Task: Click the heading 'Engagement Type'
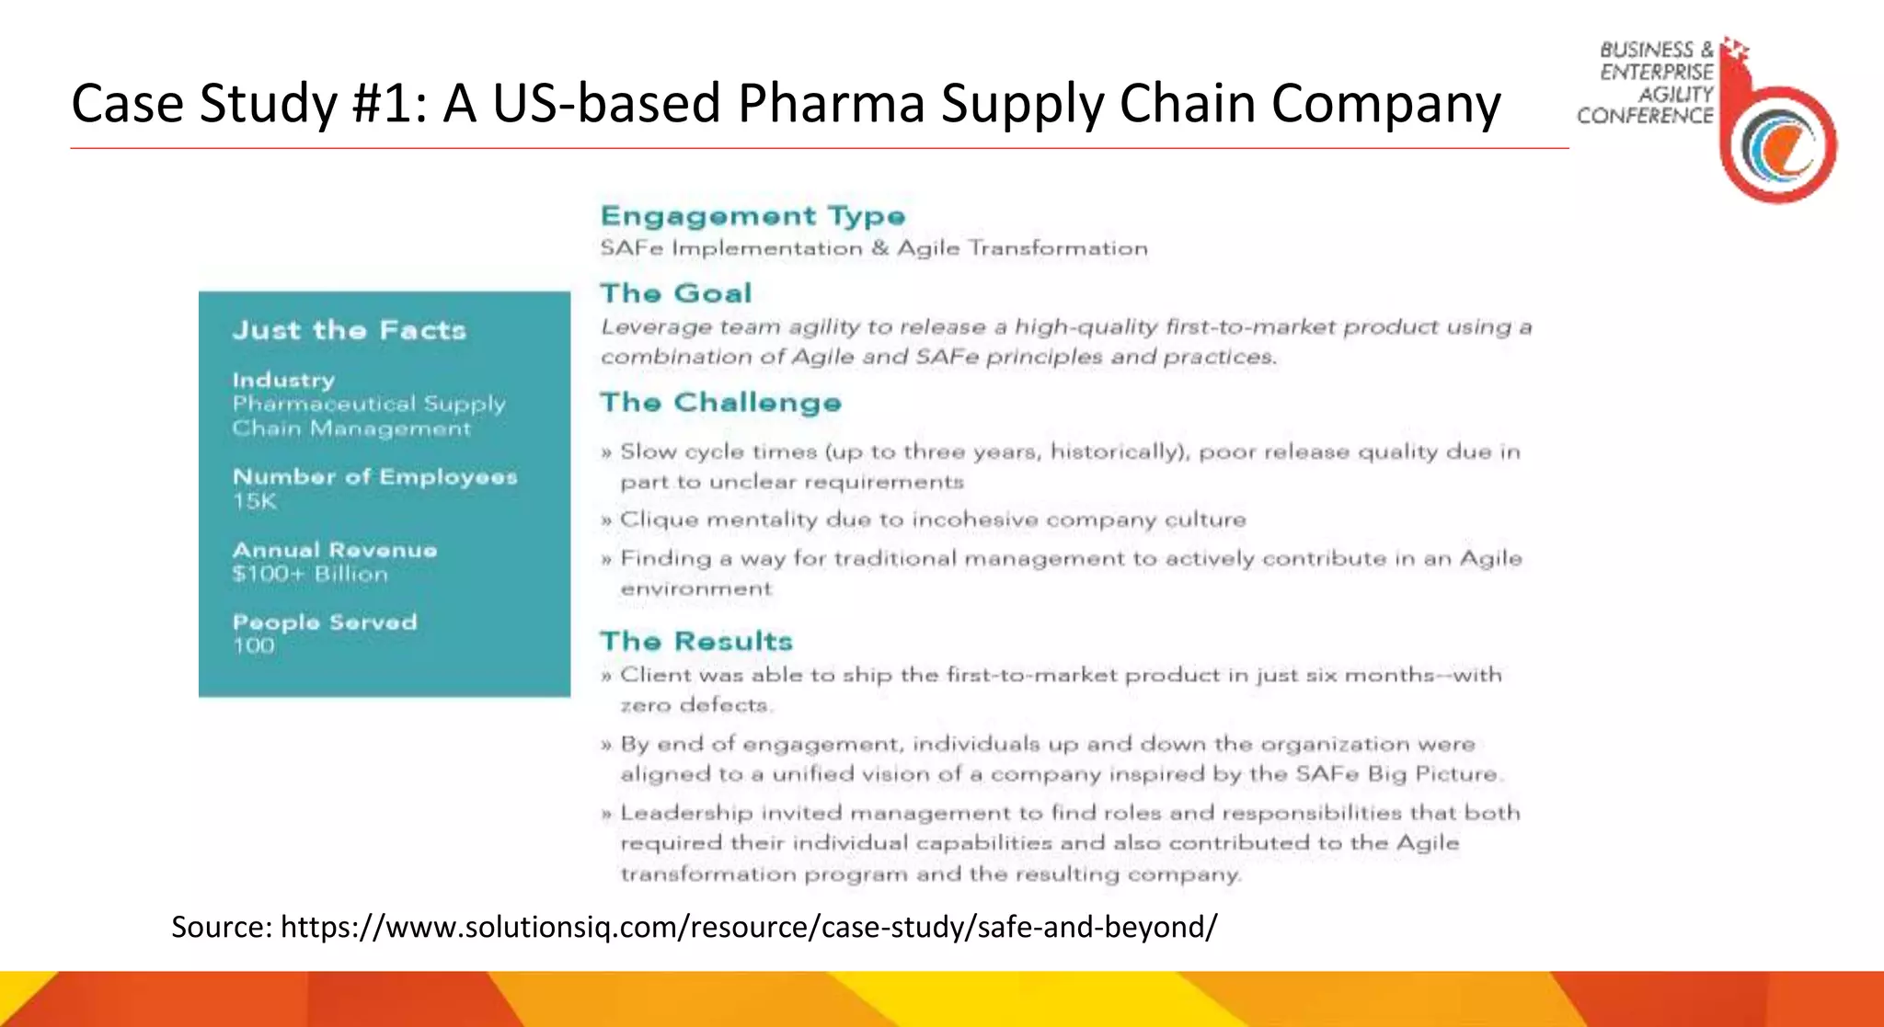click(752, 216)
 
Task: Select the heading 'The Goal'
click(676, 293)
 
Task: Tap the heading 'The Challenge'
click(720, 403)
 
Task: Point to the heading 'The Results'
click(696, 641)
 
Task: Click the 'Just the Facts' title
click(349, 330)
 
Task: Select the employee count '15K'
click(254, 501)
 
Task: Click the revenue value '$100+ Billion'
click(310, 574)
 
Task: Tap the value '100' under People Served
click(253, 645)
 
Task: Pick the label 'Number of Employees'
click(374, 476)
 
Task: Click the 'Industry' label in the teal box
click(283, 380)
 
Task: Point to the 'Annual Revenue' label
click(335, 550)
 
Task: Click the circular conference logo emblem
click(1779, 144)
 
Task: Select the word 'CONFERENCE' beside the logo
click(1645, 116)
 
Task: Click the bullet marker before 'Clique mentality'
click(606, 521)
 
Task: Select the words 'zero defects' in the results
click(695, 705)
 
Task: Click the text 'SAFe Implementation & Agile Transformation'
click(873, 248)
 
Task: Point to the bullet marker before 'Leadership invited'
click(606, 815)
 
